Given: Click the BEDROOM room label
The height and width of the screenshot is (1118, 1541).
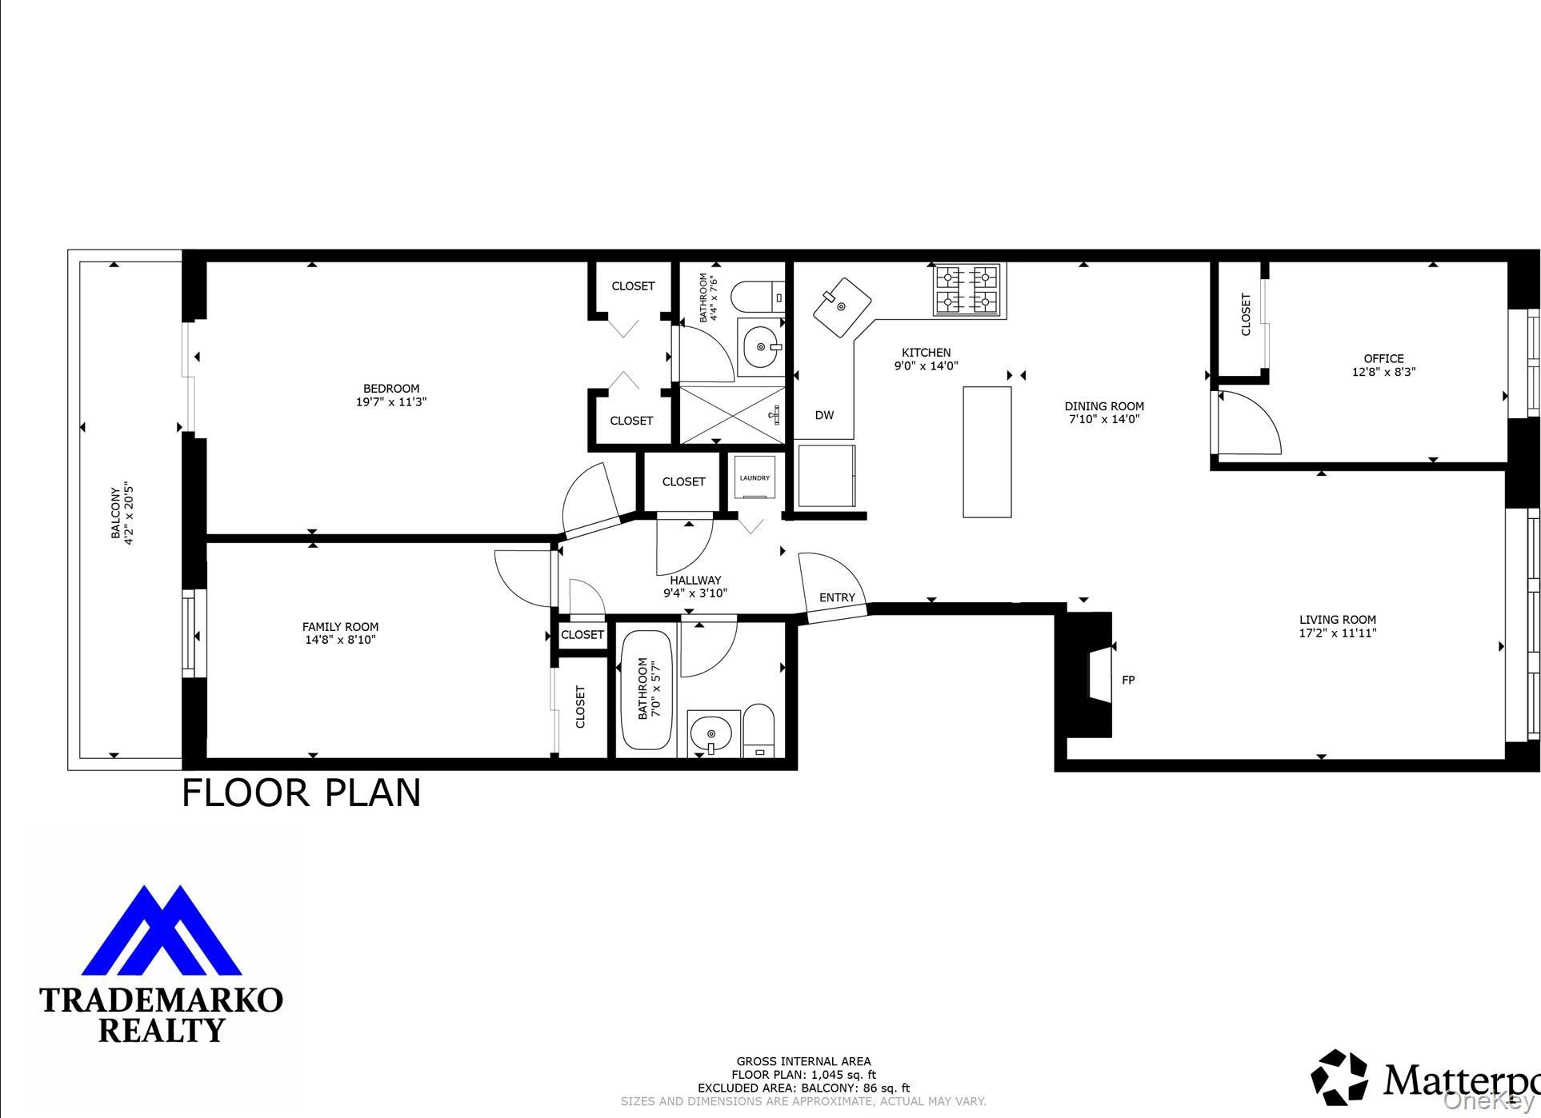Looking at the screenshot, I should click(391, 389).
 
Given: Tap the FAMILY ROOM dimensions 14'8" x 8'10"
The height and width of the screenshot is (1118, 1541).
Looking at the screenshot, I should click(340, 640).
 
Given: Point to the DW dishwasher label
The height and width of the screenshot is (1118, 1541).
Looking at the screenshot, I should click(824, 415).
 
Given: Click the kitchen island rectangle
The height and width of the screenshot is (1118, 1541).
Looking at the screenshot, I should click(987, 452).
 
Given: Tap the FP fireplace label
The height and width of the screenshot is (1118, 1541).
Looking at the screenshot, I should click(1128, 681).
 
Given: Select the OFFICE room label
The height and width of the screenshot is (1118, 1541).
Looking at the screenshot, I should click(1383, 358).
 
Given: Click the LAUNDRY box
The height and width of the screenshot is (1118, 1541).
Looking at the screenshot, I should click(754, 478).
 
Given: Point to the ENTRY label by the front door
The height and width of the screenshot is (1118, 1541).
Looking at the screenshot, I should click(837, 597).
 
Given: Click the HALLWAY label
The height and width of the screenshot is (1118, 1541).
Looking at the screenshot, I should click(695, 581).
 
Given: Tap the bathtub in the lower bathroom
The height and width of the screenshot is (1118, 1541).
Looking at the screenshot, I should click(646, 689).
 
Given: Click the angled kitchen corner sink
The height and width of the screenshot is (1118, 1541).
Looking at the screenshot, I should click(842, 307).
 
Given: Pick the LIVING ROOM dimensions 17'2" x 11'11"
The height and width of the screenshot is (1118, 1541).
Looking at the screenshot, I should click(1337, 633).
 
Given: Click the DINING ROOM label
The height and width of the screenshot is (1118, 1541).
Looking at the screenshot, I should click(1104, 406).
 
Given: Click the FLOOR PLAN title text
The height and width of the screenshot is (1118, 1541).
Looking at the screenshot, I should click(301, 793).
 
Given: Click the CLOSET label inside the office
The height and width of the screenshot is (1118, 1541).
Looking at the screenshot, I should click(1246, 314).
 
